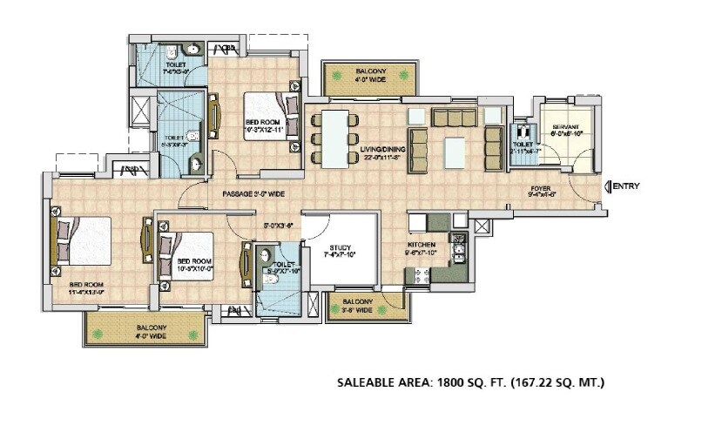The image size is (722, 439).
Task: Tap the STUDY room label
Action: click(341, 252)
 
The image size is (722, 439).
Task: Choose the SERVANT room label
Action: click(566, 127)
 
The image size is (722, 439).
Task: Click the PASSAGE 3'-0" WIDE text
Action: click(253, 193)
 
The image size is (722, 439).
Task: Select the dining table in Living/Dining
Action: click(333, 138)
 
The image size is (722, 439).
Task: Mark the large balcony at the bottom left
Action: click(146, 330)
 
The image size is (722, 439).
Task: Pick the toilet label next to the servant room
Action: click(523, 146)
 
